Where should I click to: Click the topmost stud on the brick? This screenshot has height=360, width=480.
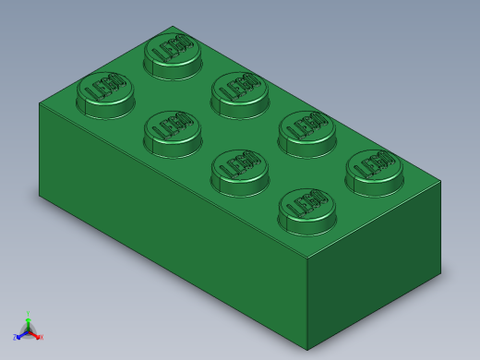[173, 54]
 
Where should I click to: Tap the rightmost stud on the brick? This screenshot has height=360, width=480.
[374, 172]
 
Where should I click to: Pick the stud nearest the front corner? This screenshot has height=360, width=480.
[306, 211]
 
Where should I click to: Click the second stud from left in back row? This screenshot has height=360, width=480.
[240, 93]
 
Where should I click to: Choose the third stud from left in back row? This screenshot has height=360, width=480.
[306, 133]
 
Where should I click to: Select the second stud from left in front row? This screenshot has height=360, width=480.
[173, 133]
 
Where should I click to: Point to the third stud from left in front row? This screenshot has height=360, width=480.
[240, 172]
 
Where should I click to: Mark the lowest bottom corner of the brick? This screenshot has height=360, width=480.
[307, 350]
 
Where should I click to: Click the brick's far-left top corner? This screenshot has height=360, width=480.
[40, 102]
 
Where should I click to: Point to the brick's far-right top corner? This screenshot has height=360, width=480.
[440, 181]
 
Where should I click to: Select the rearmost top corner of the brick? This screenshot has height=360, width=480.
[174, 27]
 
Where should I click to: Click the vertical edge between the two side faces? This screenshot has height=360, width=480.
[307, 305]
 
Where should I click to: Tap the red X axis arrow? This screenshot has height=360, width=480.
[39, 337]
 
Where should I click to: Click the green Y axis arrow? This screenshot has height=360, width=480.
[28, 317]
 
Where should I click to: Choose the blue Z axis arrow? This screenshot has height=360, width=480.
[17, 337]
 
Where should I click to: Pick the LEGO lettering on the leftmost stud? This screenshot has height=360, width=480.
[105, 87]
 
